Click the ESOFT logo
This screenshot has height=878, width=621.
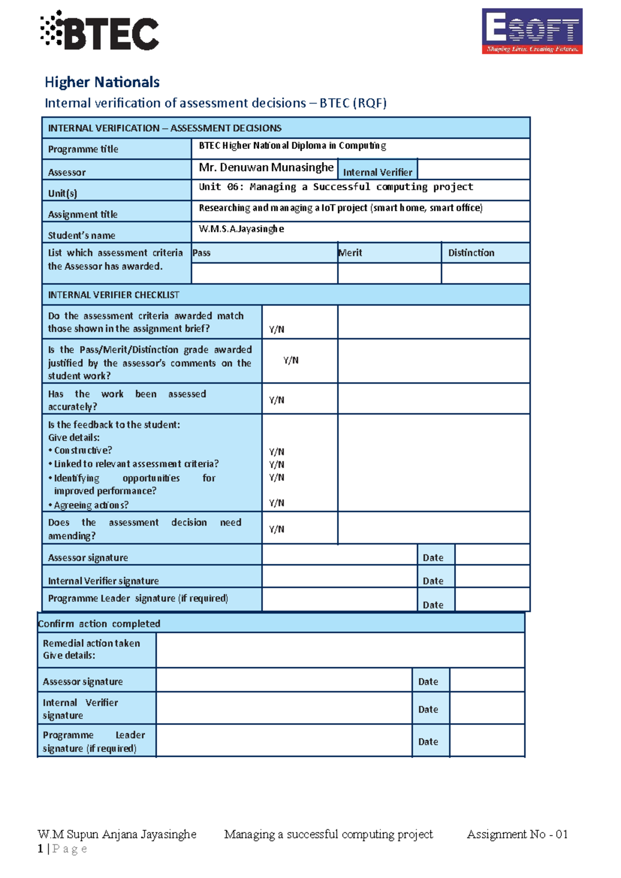click(532, 31)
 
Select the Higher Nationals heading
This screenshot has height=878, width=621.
click(102, 82)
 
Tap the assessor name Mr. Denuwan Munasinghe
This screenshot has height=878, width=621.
click(266, 168)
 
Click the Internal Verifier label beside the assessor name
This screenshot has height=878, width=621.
click(377, 172)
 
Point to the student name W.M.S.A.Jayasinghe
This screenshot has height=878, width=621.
click(241, 229)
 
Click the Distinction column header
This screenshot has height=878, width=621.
click(471, 253)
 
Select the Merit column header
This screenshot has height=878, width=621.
click(350, 253)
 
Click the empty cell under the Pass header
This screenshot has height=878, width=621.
click(264, 273)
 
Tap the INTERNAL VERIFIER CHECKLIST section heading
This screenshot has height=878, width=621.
click(113, 295)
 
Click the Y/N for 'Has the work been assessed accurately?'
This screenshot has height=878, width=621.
click(276, 400)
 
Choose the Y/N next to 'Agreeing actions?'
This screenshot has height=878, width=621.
click(276, 503)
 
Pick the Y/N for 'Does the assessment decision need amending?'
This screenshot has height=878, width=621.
click(276, 529)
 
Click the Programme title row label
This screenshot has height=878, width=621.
click(83, 149)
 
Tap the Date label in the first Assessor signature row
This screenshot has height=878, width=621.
click(433, 558)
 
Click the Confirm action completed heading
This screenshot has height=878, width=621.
click(99, 624)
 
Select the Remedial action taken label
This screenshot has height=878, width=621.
click(91, 643)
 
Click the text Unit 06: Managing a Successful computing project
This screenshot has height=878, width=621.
click(336, 187)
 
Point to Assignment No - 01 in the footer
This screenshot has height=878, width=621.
click(517, 834)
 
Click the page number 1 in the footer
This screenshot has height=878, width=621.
click(40, 848)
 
